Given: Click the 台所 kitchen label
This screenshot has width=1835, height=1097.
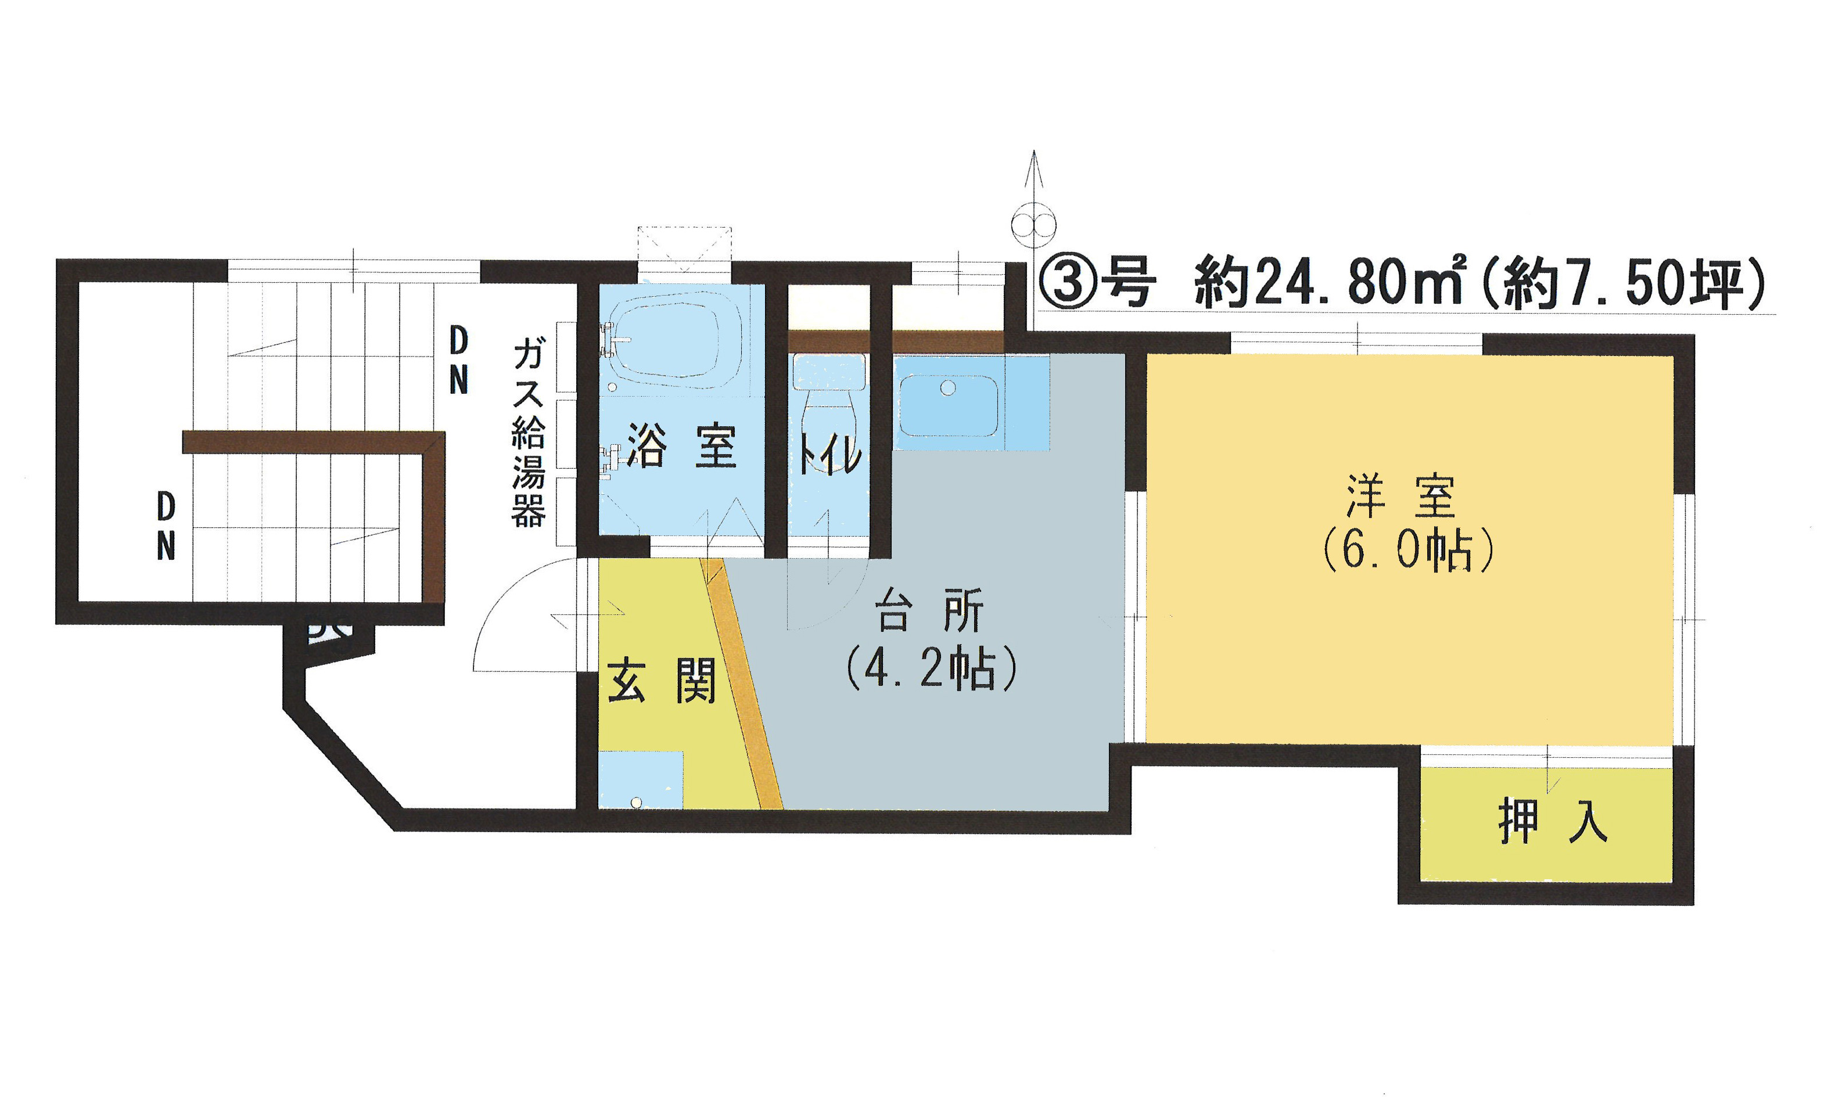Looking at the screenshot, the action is coord(929,610).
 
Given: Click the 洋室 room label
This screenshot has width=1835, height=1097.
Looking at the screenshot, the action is coord(1401,497).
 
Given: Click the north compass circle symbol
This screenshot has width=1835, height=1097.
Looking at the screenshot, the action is coord(1033,225).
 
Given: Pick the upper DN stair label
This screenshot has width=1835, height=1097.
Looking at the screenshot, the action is coord(458,361).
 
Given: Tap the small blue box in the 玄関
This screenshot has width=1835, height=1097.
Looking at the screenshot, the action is coord(640,781).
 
